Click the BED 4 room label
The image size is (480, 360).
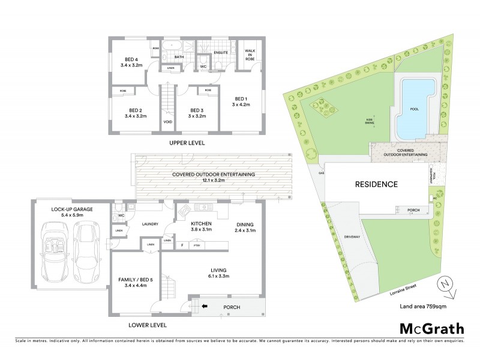(x=131, y=59)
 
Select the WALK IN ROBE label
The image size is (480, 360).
(x=248, y=53)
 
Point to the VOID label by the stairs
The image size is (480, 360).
(x=167, y=122)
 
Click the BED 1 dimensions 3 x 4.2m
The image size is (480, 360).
(x=240, y=104)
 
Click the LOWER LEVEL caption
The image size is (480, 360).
(x=147, y=325)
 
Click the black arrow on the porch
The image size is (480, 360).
(x=205, y=307)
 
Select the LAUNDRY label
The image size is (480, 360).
(x=149, y=224)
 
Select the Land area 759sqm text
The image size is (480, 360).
(x=422, y=307)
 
